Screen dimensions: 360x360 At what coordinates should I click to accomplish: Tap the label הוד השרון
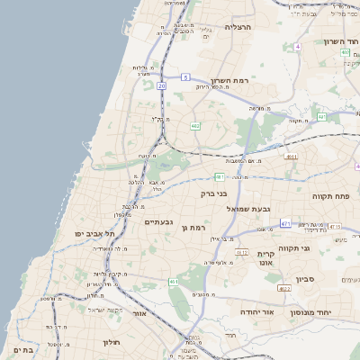point(341,41)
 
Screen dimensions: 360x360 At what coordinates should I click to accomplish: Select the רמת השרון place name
point(229,80)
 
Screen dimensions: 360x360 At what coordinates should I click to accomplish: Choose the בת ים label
point(23,350)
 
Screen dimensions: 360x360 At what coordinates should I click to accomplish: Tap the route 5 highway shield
point(184,77)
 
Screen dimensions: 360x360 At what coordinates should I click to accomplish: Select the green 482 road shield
point(195,126)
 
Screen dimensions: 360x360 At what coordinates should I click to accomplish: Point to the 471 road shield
point(285,223)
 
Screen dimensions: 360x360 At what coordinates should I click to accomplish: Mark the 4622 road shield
point(283,289)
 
